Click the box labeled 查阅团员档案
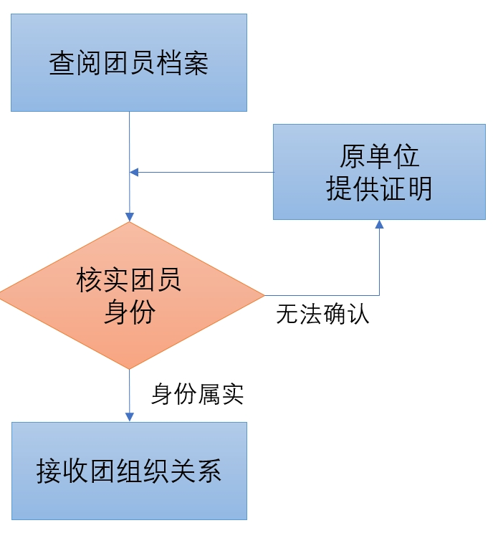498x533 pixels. point(129,62)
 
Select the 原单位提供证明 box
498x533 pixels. point(379,172)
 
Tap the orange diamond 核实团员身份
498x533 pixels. point(129,295)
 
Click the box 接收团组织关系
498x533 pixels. point(129,471)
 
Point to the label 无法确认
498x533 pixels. point(322,314)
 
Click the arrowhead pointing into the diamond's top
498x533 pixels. point(130,216)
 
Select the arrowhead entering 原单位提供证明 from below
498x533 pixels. point(379,225)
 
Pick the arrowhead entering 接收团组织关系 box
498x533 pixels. point(130,417)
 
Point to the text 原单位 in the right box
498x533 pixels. point(379,157)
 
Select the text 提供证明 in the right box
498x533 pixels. point(379,188)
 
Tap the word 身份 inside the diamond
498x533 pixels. point(129,312)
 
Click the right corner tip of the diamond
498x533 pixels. point(263,295)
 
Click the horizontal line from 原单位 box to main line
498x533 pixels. point(208,172)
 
